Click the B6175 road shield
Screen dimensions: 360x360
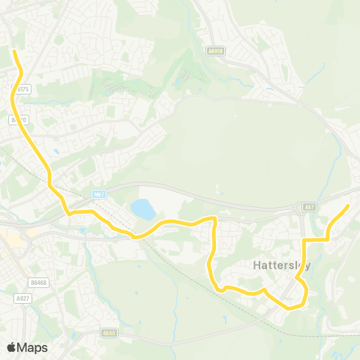tap(21, 88)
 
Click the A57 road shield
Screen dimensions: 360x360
tap(309, 206)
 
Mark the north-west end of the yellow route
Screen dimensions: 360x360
tap(15, 51)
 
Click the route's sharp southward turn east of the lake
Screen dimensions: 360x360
tap(215, 219)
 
